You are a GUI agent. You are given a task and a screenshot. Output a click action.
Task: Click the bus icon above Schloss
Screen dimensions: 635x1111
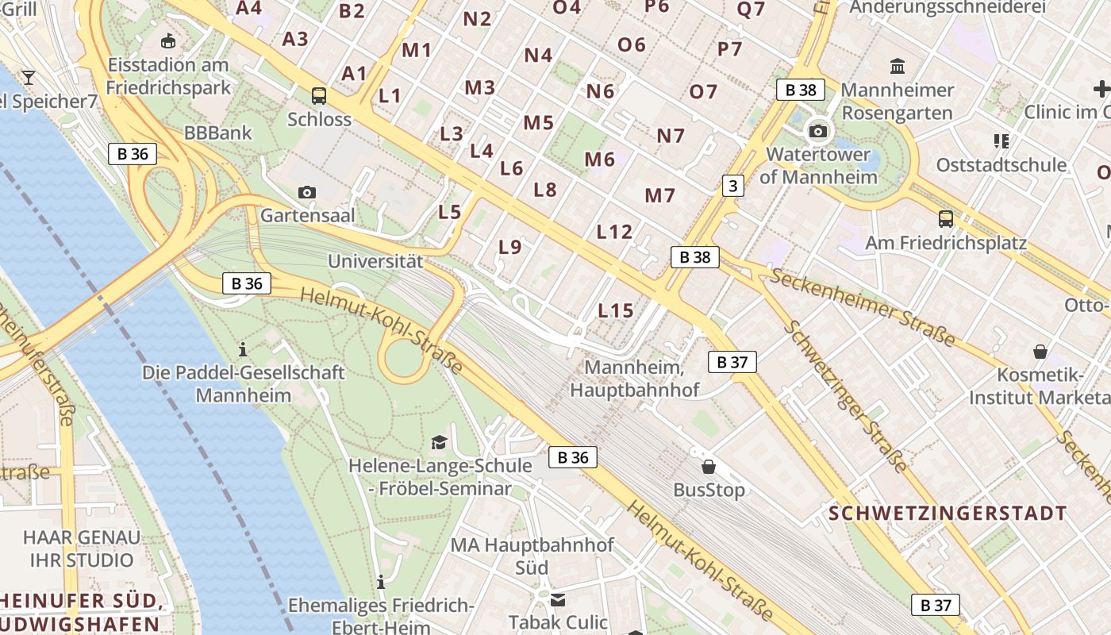coord(319,96)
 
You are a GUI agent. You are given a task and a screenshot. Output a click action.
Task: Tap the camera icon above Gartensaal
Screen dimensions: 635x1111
coord(307,192)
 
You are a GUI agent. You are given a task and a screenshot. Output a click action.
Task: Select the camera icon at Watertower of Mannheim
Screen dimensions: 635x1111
coord(818,131)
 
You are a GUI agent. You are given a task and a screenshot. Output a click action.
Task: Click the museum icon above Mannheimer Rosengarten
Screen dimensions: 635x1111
coord(898,66)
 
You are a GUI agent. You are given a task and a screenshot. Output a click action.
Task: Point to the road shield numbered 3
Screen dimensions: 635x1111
coord(732,187)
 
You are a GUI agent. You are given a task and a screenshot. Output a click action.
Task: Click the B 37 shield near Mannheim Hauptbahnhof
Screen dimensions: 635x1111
coord(732,363)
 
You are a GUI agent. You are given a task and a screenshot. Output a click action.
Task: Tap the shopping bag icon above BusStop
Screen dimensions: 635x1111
coord(709,467)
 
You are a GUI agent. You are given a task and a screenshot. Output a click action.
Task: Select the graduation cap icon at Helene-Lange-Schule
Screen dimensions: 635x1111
coord(439,442)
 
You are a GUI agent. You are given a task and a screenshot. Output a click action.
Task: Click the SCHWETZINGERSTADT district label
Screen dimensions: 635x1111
coord(948,514)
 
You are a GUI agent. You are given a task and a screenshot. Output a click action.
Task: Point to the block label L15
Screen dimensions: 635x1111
coord(616,310)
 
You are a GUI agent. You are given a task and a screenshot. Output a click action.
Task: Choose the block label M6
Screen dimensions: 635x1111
coord(600,160)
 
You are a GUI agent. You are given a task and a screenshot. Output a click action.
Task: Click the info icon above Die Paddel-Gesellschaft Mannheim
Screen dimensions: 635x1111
coord(243,348)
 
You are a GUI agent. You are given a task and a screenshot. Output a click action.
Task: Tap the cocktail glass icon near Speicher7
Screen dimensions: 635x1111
coord(29,77)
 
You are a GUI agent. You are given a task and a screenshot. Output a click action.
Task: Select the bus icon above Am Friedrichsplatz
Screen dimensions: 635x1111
coord(945,219)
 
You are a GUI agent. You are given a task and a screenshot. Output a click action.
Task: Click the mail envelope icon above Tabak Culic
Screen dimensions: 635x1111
coord(558,600)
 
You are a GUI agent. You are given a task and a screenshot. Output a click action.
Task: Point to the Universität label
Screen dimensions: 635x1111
coord(375,260)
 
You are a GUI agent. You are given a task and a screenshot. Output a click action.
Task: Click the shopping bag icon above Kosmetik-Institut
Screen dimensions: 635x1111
coord(1040,351)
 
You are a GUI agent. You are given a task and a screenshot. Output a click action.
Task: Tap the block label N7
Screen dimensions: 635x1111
coord(671,136)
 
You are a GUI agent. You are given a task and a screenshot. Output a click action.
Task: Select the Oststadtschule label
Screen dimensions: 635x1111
coord(1001,165)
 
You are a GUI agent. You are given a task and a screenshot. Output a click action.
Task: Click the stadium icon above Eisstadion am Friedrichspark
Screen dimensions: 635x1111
coord(168,40)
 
